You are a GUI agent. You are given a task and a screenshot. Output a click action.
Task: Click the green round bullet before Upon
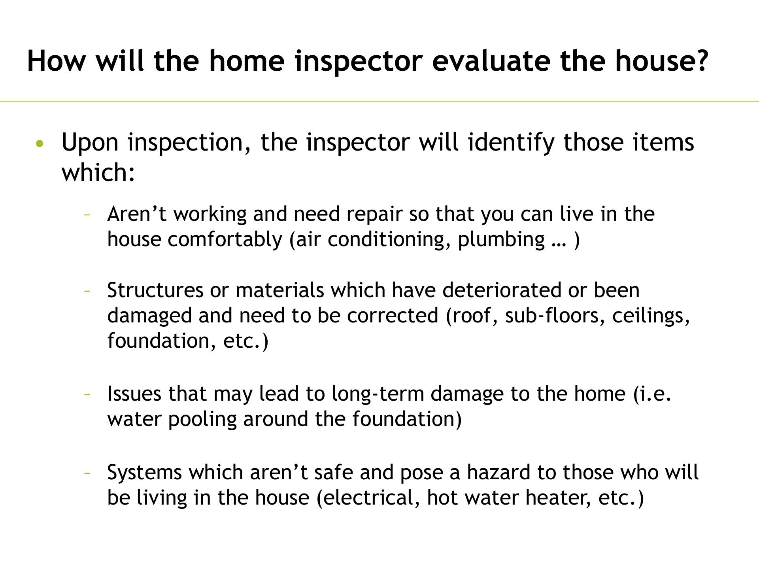tap(38, 143)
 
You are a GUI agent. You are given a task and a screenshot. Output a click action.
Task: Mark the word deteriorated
tap(502, 290)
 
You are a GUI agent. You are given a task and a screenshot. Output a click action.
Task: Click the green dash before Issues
tap(87, 395)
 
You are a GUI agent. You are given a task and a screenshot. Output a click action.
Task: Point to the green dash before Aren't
tap(87, 215)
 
